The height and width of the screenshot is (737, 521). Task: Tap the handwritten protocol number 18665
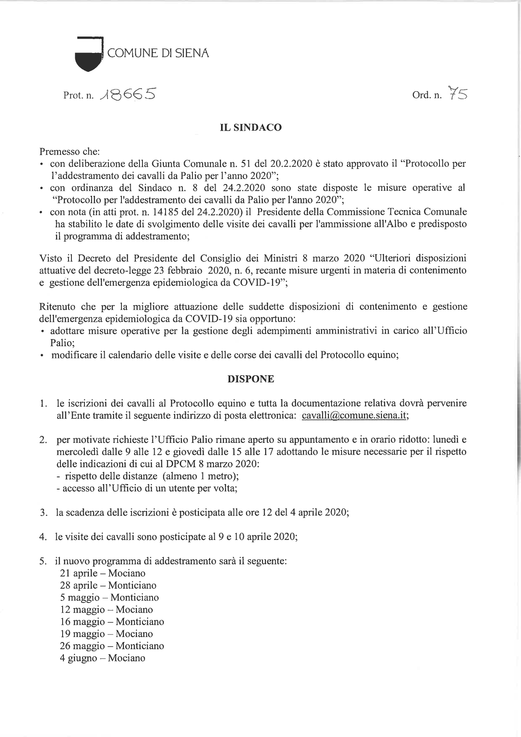pyautogui.click(x=127, y=94)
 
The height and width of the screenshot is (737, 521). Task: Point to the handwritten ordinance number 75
pyautogui.click(x=458, y=93)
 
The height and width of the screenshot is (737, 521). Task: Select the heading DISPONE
pyautogui.click(x=250, y=379)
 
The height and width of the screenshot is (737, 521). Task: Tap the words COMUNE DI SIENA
pyautogui.click(x=158, y=53)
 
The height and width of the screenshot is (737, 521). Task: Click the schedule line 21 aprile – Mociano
pyautogui.click(x=103, y=573)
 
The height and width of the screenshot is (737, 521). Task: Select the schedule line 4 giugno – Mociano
pyautogui.click(x=103, y=658)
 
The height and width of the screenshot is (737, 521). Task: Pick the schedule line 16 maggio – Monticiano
pyautogui.click(x=112, y=621)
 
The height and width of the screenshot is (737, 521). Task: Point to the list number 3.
pyautogui.click(x=43, y=513)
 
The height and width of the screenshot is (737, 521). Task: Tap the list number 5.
pyautogui.click(x=43, y=561)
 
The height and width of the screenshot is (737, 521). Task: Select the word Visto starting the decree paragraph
pyautogui.click(x=50, y=258)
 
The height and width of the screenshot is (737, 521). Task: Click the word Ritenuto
pyautogui.click(x=57, y=306)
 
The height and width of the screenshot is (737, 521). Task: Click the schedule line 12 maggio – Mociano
pyautogui.click(x=106, y=610)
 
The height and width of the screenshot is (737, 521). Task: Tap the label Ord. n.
pyautogui.click(x=427, y=95)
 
